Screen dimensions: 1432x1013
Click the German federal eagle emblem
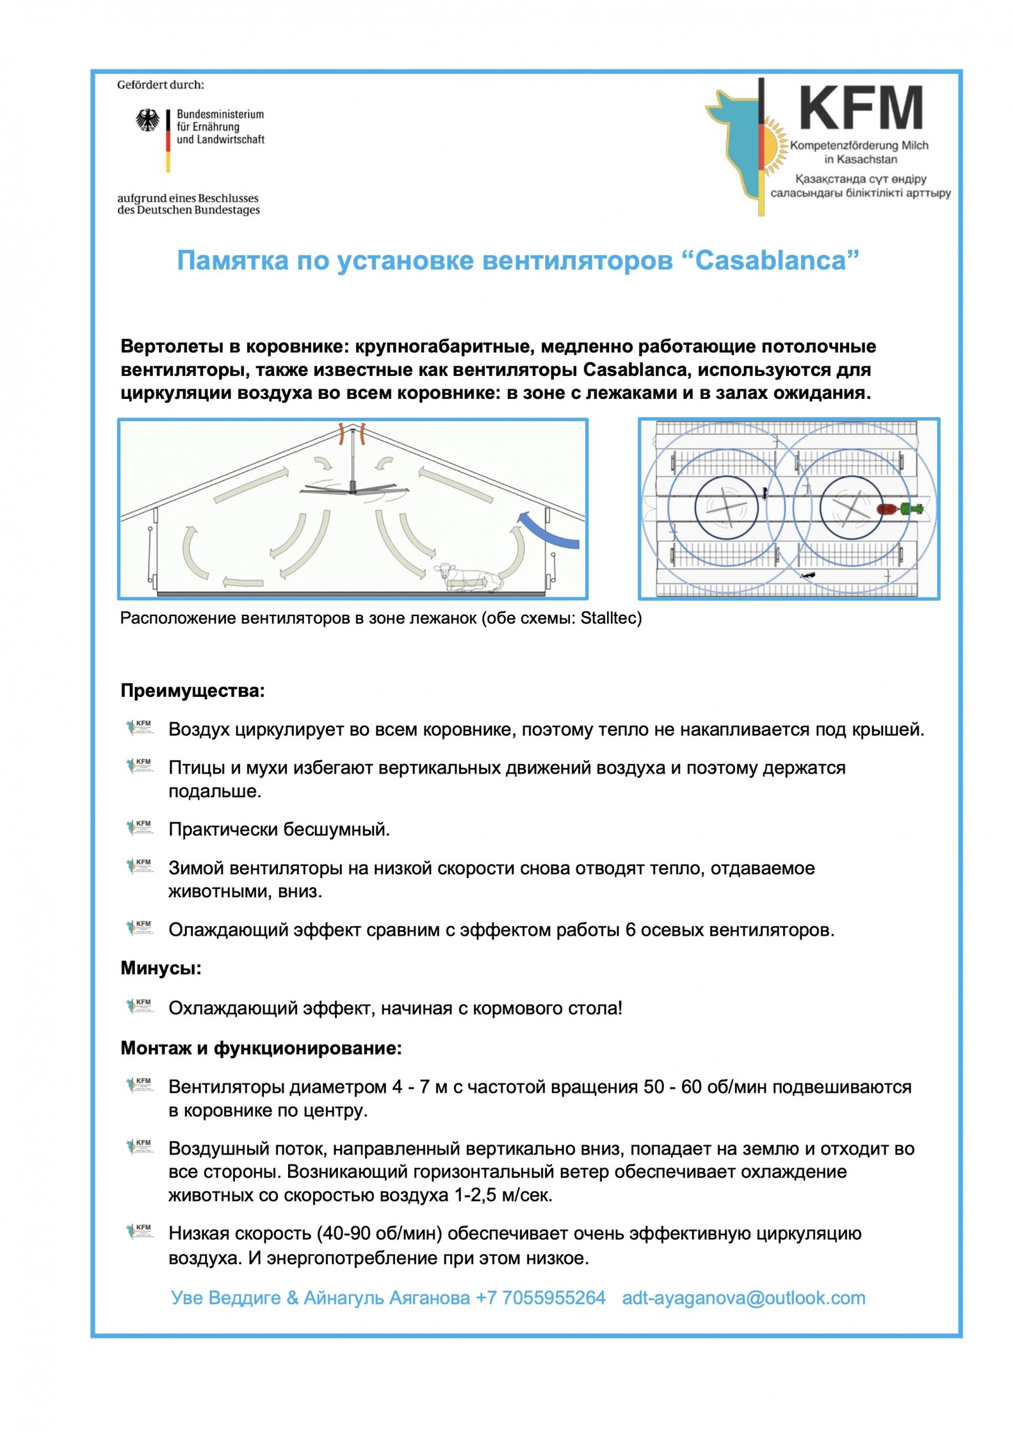(x=148, y=120)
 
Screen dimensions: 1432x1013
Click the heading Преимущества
(x=192, y=691)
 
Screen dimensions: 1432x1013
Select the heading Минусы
(x=161, y=968)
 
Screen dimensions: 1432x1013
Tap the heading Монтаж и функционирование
(x=261, y=1048)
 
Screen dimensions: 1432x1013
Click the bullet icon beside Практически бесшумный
(x=140, y=827)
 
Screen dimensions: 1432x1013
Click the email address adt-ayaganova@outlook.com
(x=743, y=1298)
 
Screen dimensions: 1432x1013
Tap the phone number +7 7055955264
(x=541, y=1298)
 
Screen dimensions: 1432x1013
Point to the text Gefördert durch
(x=160, y=85)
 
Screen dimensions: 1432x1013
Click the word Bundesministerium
(x=220, y=115)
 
